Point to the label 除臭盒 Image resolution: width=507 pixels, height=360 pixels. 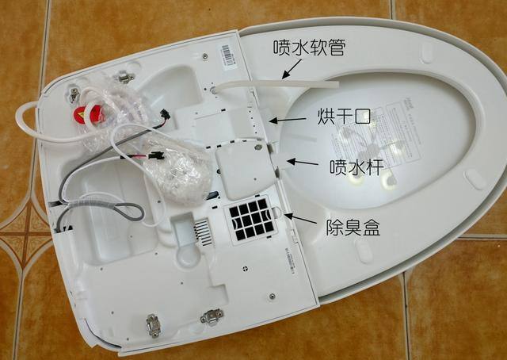pos(353,228)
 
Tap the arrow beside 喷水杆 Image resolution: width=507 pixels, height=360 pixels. pos(302,163)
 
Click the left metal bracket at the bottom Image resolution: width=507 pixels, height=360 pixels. pos(154,325)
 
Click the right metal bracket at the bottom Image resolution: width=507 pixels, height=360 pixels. pos(212,318)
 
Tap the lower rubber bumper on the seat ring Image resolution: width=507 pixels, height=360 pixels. pos(476,178)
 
